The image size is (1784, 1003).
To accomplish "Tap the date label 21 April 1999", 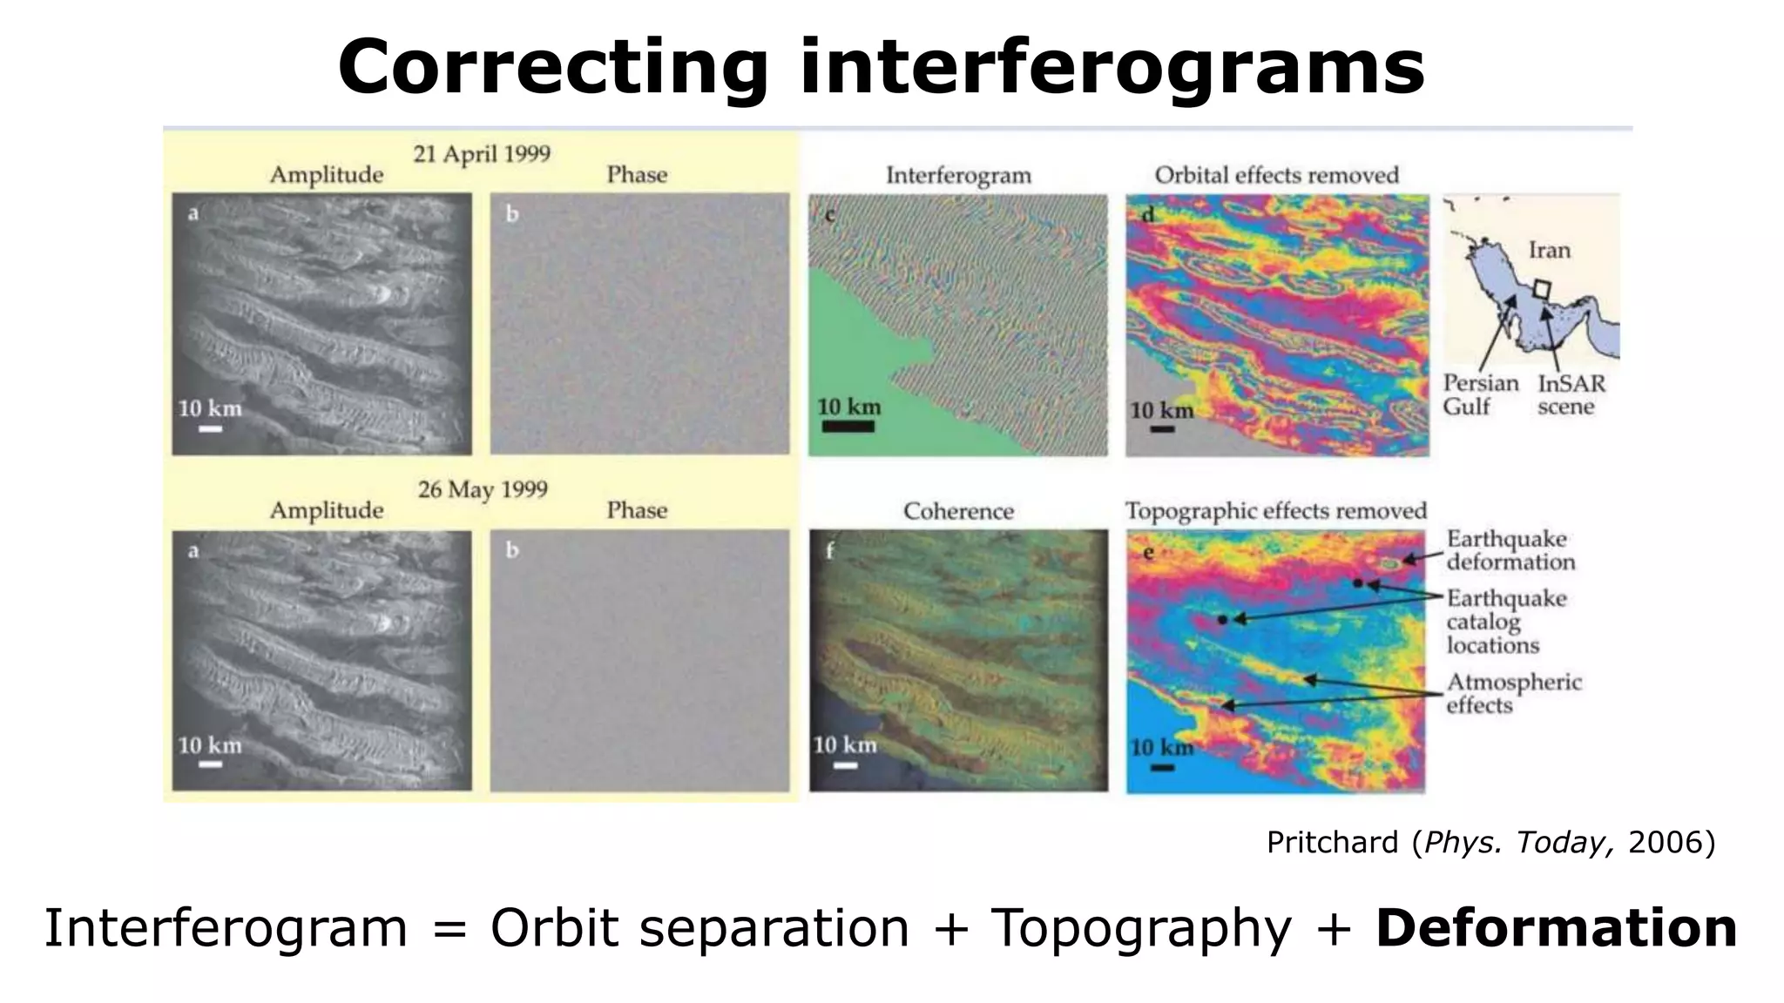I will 481,154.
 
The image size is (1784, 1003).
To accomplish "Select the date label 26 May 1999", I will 482,489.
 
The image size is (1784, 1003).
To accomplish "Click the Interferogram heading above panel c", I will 958,176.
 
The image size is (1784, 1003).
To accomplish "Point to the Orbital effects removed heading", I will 1276,175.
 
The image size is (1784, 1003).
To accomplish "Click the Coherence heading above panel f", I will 958,511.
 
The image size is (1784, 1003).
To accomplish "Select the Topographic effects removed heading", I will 1275,511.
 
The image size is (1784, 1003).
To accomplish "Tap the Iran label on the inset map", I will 1549,251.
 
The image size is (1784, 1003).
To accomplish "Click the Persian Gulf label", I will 1479,394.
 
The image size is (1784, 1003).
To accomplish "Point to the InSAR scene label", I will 1570,394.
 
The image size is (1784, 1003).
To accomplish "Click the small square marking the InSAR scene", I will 1542,288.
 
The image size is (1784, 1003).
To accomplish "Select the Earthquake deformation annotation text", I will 1510,550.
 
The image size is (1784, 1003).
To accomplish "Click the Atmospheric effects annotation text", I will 1513,693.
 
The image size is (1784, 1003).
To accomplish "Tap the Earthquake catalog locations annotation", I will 1505,622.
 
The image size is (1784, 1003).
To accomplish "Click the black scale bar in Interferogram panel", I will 848,427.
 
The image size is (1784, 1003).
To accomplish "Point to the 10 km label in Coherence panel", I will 844,745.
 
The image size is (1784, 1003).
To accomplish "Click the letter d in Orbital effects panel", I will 1147,214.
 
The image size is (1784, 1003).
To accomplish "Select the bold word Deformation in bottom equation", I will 1556,928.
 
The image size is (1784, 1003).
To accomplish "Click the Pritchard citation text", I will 1490,843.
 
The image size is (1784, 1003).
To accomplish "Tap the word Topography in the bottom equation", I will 1141,928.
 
